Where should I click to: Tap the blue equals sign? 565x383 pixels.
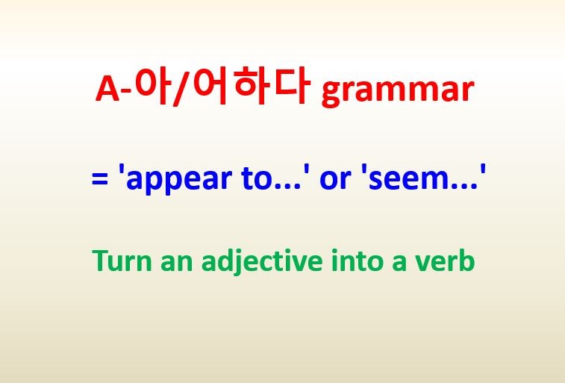pyautogui.click(x=98, y=181)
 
